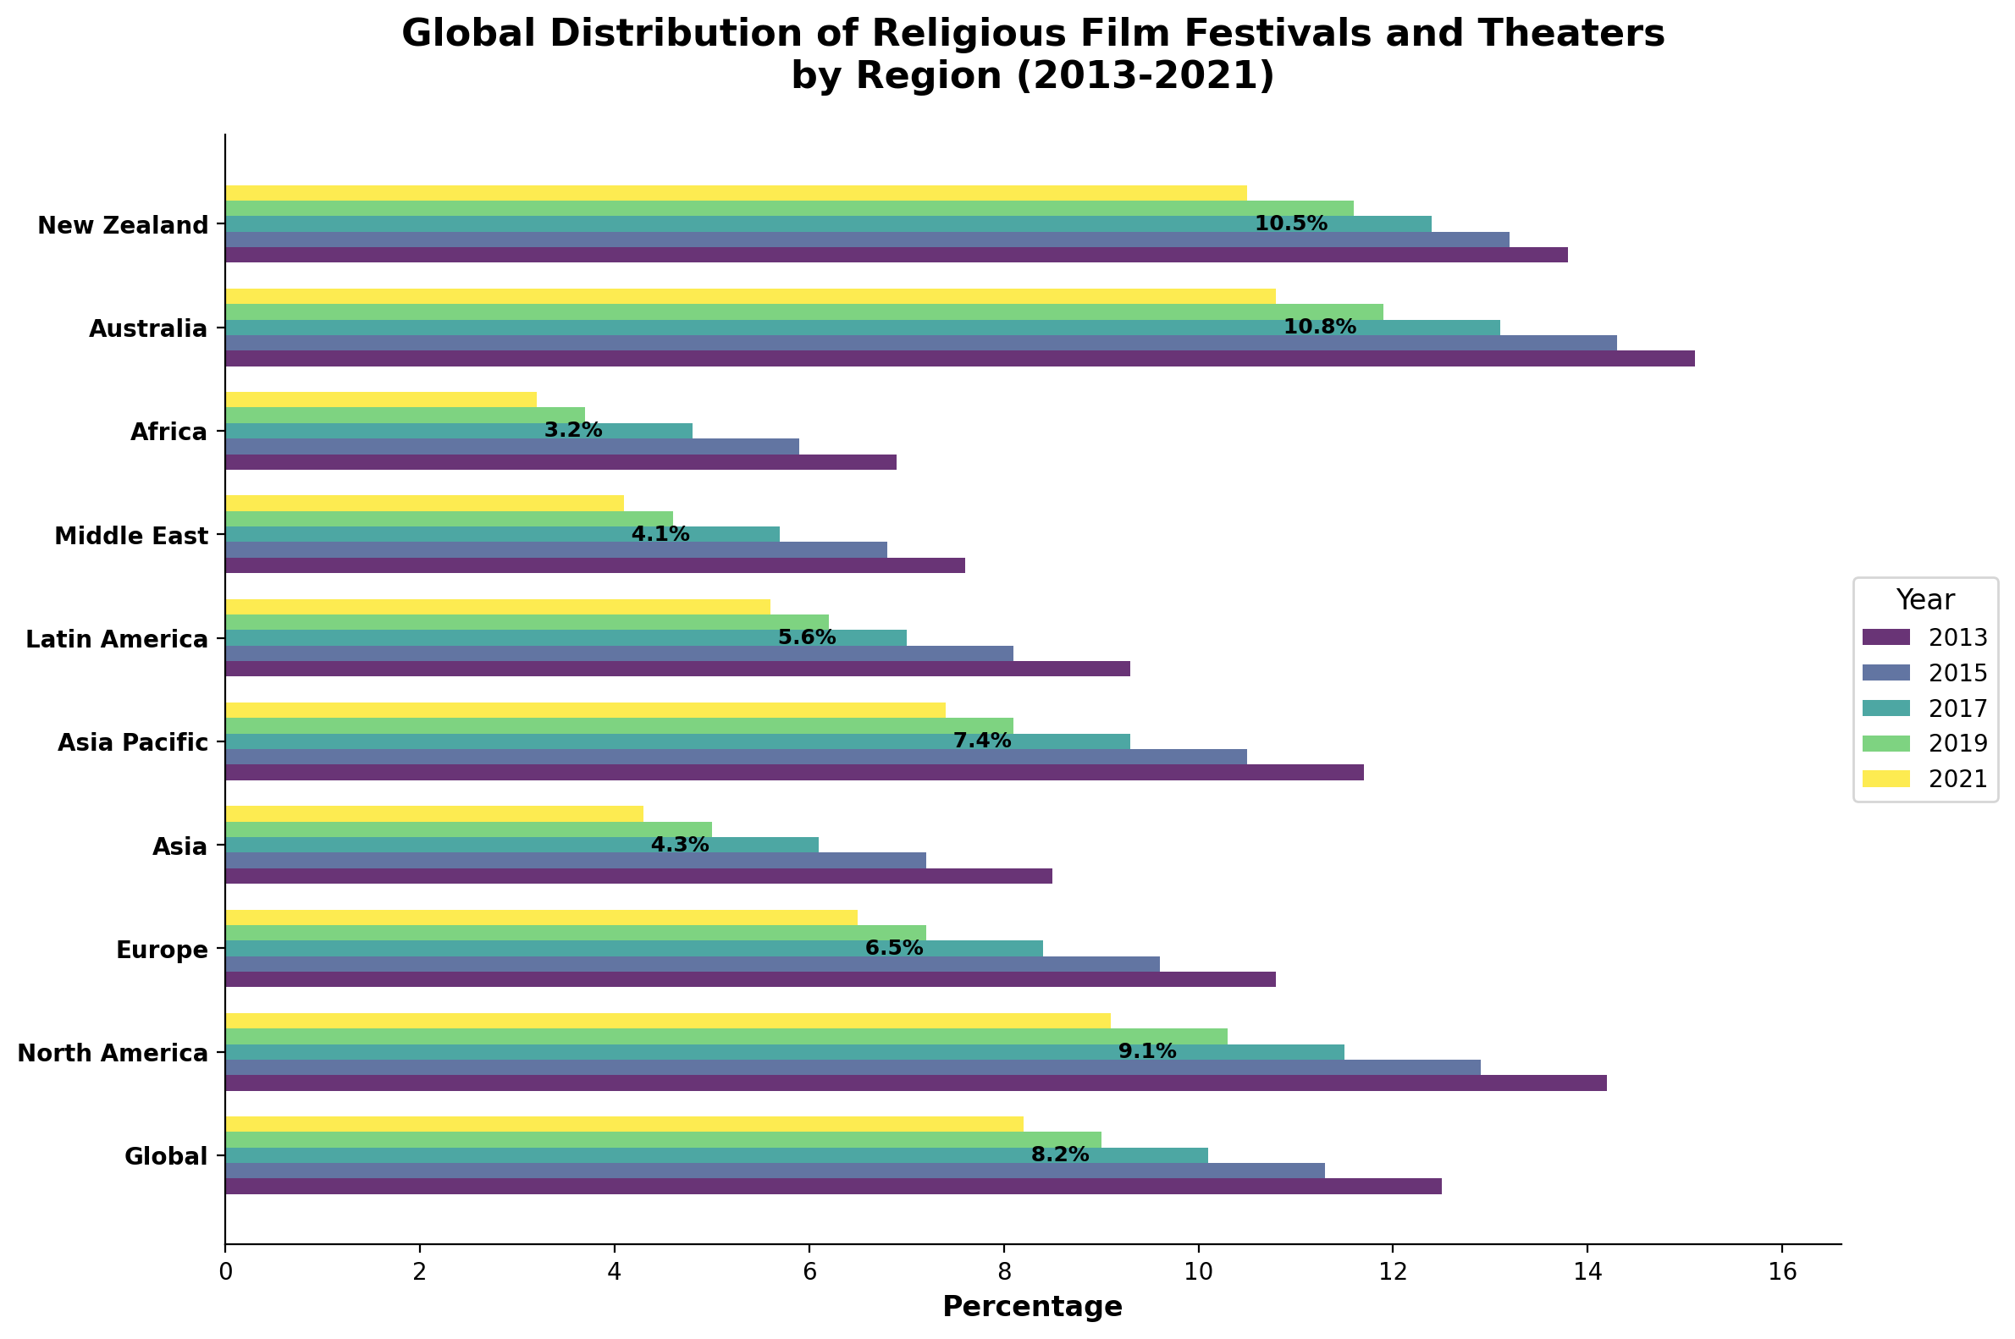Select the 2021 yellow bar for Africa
[381, 399]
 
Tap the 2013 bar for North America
[915, 1083]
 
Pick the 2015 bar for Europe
[692, 964]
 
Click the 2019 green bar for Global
[663, 1139]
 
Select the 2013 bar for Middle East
[594, 565]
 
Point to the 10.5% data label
[1290, 223]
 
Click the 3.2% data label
[573, 430]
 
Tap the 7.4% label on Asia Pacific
[981, 741]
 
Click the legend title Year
[1925, 600]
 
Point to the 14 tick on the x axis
[1587, 1271]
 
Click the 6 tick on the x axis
[809, 1271]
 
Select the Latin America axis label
[117, 639]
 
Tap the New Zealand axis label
[123, 225]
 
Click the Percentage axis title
[1032, 1307]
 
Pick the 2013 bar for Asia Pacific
[794, 773]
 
